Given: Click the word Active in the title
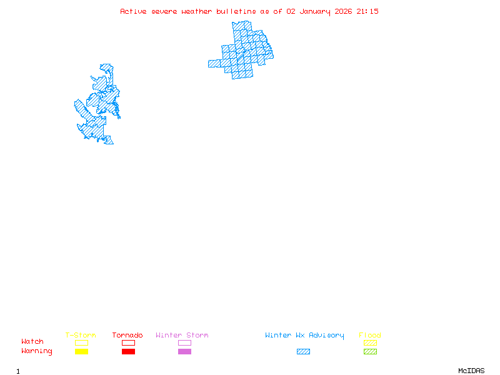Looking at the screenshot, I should (134, 11).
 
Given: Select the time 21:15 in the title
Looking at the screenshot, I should (368, 11).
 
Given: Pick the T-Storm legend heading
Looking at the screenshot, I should (81, 336).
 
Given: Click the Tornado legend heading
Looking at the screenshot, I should (127, 336).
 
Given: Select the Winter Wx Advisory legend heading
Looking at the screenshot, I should (304, 336).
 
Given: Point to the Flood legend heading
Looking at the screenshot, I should (370, 336).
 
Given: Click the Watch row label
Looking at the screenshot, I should (32, 342).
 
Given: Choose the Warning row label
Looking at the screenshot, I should (37, 351).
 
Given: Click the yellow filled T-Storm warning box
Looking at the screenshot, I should (81, 352).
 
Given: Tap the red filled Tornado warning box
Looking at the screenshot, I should (128, 352).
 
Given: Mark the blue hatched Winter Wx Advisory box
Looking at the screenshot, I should (303, 352).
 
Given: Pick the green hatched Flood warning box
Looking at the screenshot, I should (370, 352).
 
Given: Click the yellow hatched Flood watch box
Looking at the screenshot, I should (370, 342).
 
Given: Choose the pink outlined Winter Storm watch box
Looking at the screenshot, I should (184, 342).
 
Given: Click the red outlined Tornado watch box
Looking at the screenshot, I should (128, 342).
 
